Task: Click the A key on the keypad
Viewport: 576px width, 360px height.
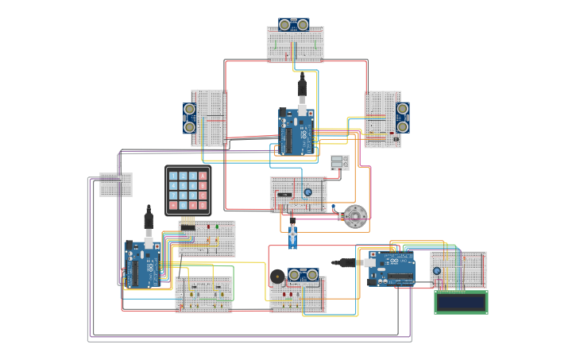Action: (203, 176)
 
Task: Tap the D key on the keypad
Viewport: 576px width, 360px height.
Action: (203, 204)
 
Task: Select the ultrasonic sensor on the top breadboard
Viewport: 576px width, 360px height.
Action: (295, 25)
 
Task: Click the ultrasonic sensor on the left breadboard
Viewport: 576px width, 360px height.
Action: (190, 117)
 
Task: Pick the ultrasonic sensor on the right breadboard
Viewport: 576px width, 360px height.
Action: (403, 116)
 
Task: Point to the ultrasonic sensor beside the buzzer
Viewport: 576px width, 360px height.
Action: (303, 274)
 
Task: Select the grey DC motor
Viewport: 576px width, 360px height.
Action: (354, 215)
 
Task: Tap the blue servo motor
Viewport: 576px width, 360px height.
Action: (292, 235)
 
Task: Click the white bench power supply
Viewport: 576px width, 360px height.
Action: (340, 162)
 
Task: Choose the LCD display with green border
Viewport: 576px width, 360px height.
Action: (461, 302)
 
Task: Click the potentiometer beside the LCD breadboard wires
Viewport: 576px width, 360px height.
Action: (436, 271)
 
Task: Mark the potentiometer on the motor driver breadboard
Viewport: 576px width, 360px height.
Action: (307, 192)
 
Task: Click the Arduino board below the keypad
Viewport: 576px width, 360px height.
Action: (143, 263)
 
